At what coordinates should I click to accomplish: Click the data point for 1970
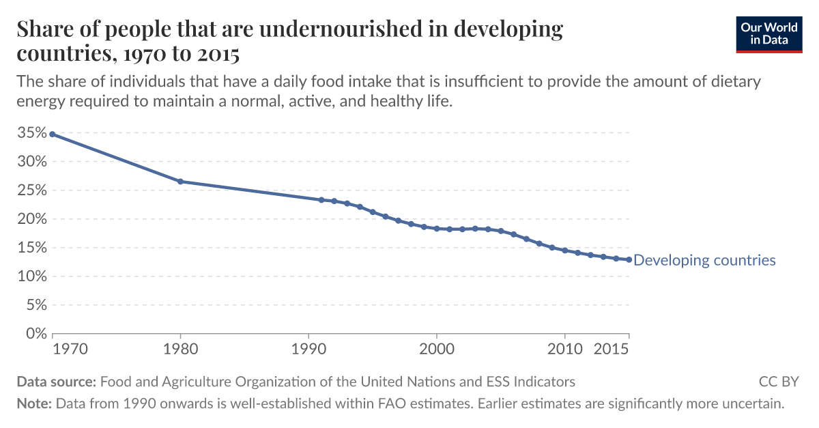(x=52, y=134)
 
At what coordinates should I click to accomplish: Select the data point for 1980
(x=180, y=182)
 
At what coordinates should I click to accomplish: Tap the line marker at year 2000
(x=437, y=229)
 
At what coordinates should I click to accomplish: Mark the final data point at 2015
(x=629, y=259)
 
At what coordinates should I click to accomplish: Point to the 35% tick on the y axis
(x=32, y=133)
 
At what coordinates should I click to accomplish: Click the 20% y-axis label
(x=32, y=219)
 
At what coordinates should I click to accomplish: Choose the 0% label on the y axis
(x=35, y=334)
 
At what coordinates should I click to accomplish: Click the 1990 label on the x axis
(x=308, y=349)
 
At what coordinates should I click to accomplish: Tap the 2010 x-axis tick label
(x=564, y=349)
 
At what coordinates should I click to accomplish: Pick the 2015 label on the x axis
(x=612, y=349)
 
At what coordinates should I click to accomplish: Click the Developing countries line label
(x=704, y=260)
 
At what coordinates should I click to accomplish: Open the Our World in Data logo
(x=769, y=33)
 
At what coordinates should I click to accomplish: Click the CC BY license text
(x=778, y=382)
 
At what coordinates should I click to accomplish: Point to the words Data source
(x=57, y=382)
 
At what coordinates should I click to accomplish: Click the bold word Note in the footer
(x=33, y=403)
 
